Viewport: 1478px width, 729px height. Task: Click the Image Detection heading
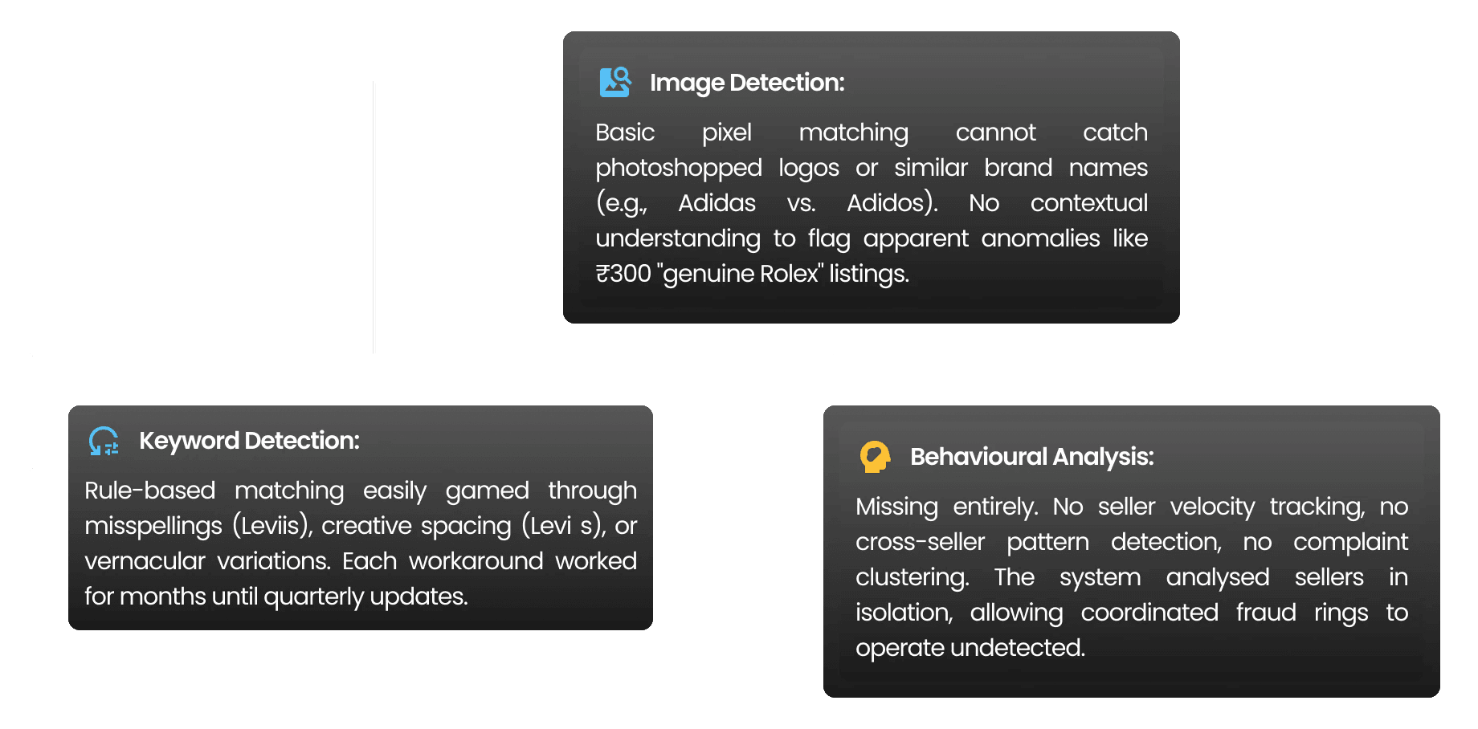pyautogui.click(x=746, y=83)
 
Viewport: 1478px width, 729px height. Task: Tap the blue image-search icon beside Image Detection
pyautogui.click(x=615, y=82)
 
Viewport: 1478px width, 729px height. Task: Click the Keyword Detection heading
pyautogui.click(x=249, y=441)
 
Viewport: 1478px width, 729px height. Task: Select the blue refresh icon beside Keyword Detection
pyautogui.click(x=104, y=441)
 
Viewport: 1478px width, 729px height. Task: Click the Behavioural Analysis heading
pyautogui.click(x=1031, y=457)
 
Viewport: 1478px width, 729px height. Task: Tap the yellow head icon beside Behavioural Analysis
pyautogui.click(x=875, y=457)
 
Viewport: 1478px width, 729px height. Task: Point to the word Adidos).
pyautogui.click(x=892, y=203)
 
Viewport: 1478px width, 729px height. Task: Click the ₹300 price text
pyautogui.click(x=623, y=274)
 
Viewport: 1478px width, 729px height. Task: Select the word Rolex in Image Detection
pyautogui.click(x=788, y=274)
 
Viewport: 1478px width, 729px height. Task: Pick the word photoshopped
pyautogui.click(x=679, y=168)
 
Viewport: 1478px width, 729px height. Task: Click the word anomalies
pyautogui.click(x=1040, y=238)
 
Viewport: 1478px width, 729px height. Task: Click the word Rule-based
pyautogui.click(x=150, y=491)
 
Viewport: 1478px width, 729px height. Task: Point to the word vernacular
pyautogui.click(x=145, y=561)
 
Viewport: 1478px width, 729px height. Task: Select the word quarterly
pyautogui.click(x=313, y=597)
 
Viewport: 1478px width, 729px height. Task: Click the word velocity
pyautogui.click(x=1211, y=507)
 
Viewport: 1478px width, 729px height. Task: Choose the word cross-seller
pyautogui.click(x=920, y=542)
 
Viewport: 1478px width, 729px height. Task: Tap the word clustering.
pyautogui.click(x=912, y=577)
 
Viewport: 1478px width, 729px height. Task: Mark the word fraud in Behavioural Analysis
pyautogui.click(x=1266, y=613)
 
